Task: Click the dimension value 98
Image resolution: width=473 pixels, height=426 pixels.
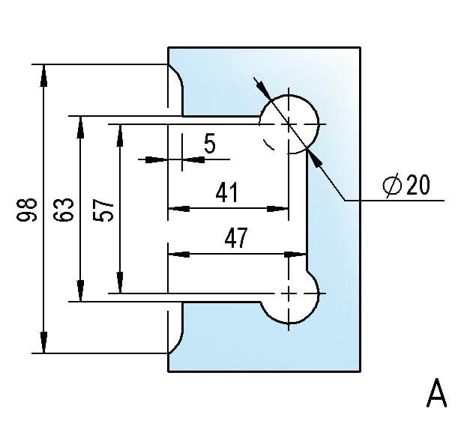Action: click(26, 210)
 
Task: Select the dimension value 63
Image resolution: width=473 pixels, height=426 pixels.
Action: click(64, 210)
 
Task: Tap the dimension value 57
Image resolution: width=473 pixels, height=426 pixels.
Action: click(103, 210)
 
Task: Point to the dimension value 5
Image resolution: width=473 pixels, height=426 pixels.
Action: click(210, 144)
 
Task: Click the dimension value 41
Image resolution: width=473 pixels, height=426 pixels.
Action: click(227, 192)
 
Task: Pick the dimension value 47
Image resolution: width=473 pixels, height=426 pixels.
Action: click(236, 237)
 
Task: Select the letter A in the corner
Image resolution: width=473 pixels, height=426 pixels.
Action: click(436, 393)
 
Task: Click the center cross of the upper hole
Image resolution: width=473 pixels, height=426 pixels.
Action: click(289, 124)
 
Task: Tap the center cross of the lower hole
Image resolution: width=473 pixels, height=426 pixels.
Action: click(289, 293)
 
